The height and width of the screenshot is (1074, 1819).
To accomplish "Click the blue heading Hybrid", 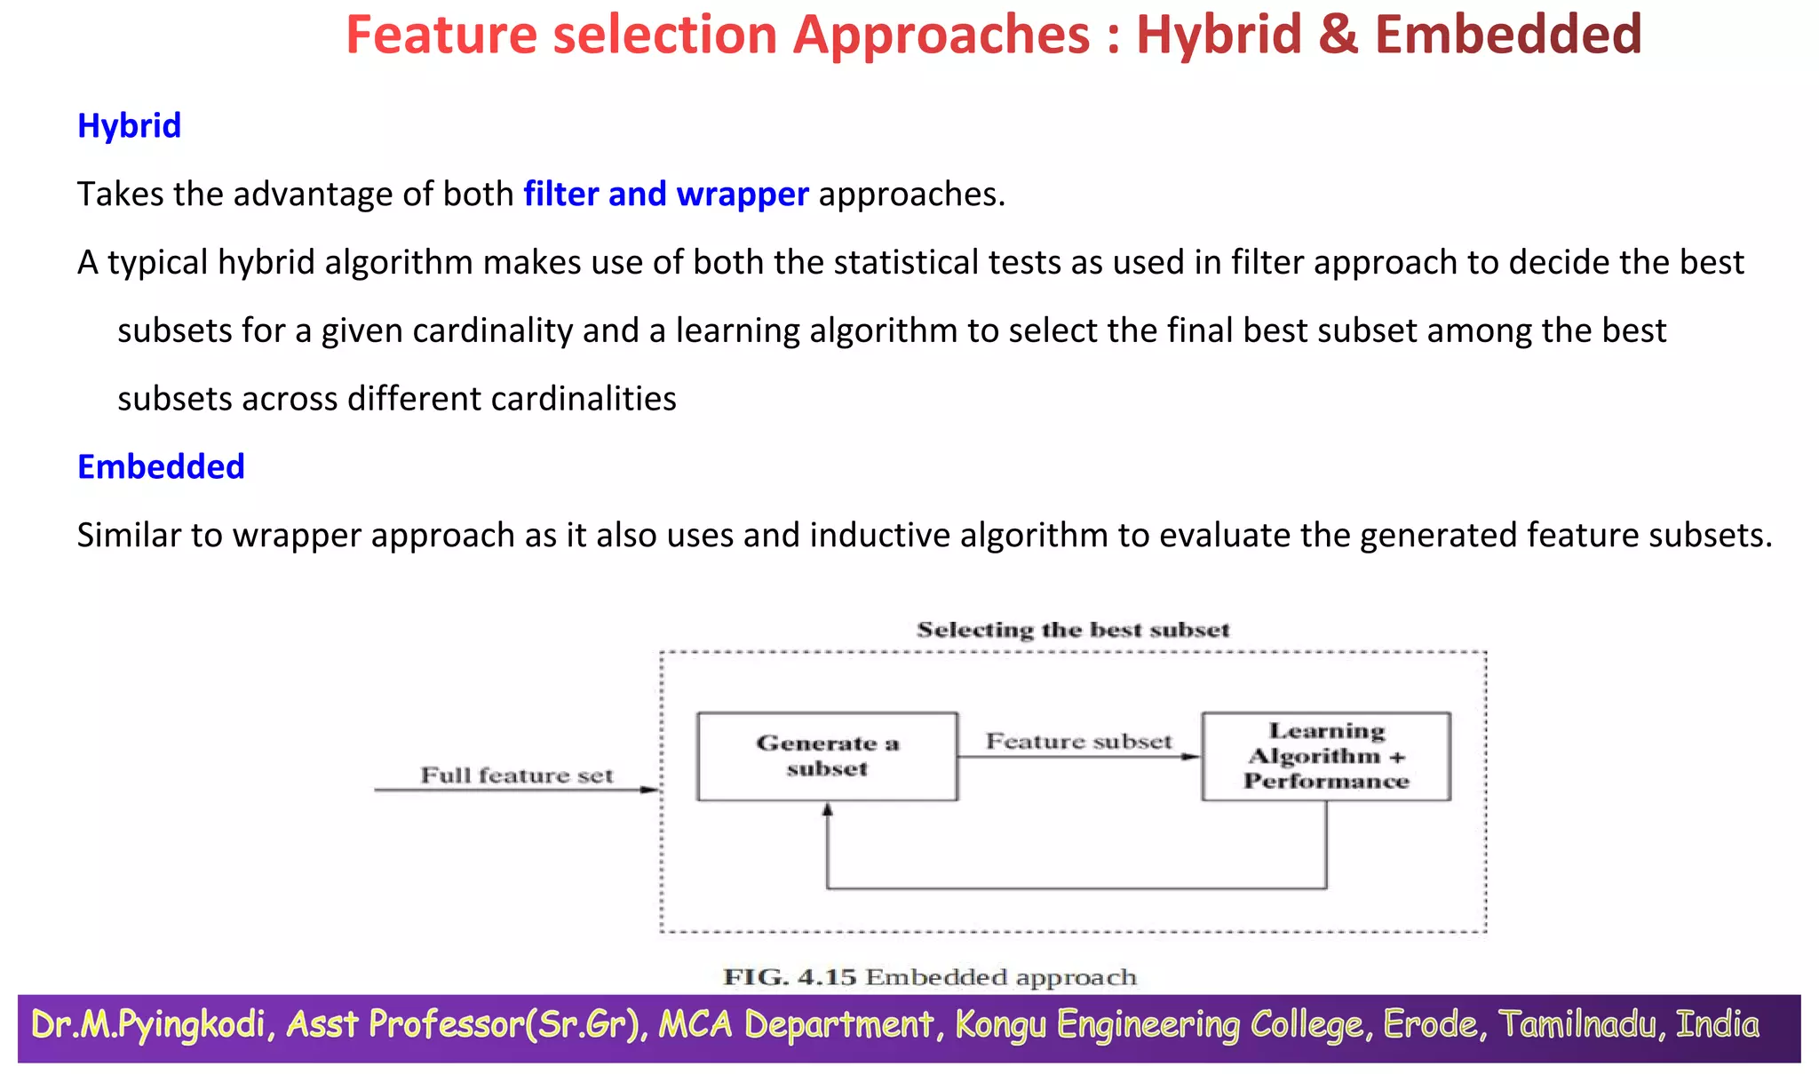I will pos(129,126).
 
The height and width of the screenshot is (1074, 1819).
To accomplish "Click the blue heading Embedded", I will pos(161,467).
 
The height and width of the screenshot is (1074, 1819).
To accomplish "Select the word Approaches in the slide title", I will pos(941,36).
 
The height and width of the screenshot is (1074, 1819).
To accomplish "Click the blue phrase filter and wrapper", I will pos(665,195).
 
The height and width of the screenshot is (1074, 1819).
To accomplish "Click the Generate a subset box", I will pos(827,756).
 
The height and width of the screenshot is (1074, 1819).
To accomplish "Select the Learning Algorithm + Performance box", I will pos(1325,756).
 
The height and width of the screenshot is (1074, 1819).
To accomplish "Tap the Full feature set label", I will pos(516,776).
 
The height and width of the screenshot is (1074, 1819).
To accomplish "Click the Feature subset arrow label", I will pos(1078,741).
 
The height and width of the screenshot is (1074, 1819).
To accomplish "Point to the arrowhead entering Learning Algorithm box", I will pos(1191,757).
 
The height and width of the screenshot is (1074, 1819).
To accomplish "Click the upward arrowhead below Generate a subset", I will pos(827,809).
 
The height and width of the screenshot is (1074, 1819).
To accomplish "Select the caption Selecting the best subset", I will pos(1073,630).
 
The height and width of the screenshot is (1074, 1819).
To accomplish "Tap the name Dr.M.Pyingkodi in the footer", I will pos(147,1025).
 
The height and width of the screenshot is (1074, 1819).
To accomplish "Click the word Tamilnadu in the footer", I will pos(1577,1025).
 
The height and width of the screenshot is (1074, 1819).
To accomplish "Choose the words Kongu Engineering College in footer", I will pos(1158,1025).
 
